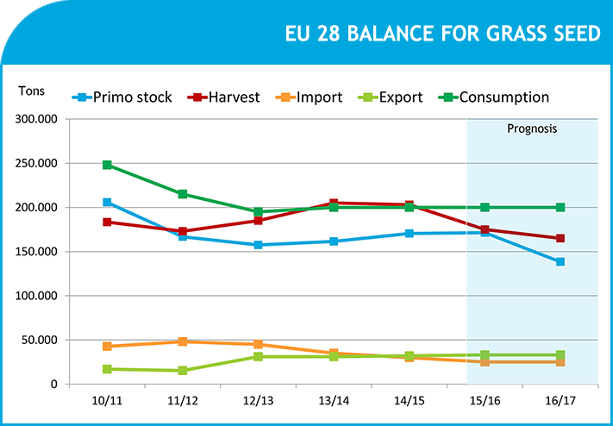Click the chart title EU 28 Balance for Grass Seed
point(443,34)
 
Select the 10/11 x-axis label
point(107,401)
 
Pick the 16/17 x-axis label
point(560,401)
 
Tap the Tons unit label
point(31,91)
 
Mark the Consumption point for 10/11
point(107,165)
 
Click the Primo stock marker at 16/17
point(560,261)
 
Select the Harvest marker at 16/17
point(560,238)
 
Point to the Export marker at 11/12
point(183,371)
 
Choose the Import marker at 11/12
point(183,341)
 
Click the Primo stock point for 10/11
point(107,203)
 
